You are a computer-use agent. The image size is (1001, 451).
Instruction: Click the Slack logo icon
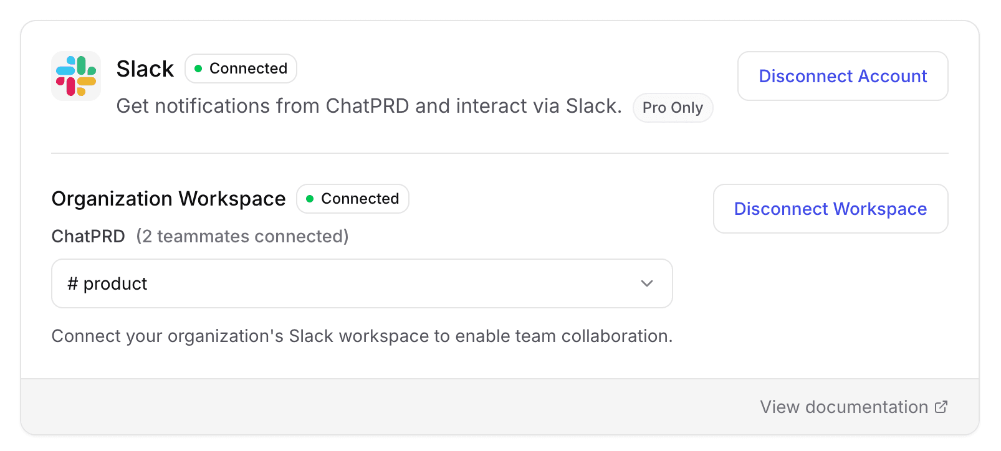click(x=76, y=76)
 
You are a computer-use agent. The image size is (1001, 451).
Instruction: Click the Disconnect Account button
click(x=842, y=76)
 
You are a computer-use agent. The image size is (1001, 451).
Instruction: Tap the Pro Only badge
click(x=673, y=108)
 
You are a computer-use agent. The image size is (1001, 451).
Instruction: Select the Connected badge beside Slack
click(x=241, y=69)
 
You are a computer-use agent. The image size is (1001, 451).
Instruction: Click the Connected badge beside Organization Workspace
click(x=352, y=199)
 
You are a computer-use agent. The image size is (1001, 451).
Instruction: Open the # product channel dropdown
click(x=362, y=283)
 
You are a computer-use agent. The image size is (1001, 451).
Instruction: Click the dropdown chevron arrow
click(x=647, y=283)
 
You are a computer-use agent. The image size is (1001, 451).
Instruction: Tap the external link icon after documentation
click(x=941, y=407)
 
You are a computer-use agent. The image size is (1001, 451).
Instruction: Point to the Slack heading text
click(x=145, y=69)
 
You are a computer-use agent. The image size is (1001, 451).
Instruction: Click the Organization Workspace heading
click(x=168, y=199)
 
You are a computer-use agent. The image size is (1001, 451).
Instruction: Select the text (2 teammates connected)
click(x=242, y=237)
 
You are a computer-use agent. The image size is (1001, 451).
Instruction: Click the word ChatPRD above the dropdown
click(x=88, y=237)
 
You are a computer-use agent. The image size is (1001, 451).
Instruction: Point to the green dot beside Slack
click(x=198, y=69)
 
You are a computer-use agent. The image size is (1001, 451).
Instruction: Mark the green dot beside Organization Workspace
click(x=310, y=199)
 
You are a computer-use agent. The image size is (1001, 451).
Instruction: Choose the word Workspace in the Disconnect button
click(x=879, y=209)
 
